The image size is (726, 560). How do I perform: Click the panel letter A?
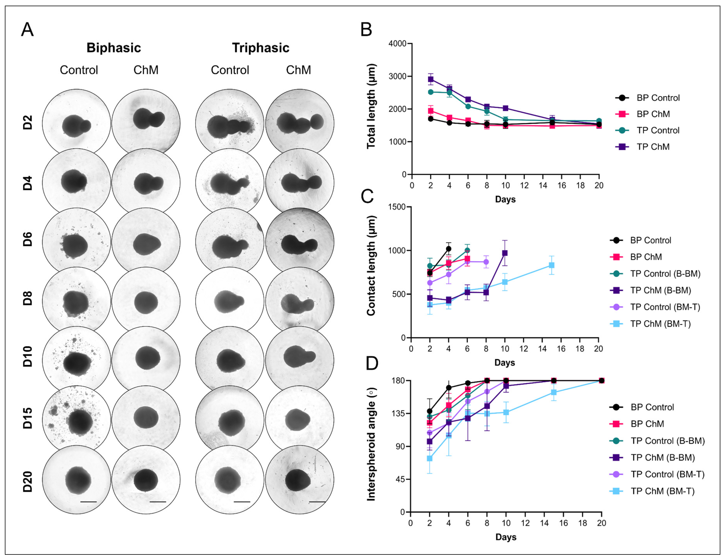click(x=27, y=30)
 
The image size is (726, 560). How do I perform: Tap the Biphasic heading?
click(x=114, y=48)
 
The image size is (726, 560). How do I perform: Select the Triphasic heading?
click(x=261, y=48)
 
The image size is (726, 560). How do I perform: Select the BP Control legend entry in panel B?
click(x=658, y=98)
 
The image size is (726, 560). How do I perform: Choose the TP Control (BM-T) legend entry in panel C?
click(x=665, y=307)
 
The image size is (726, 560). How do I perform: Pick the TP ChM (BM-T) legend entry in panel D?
click(x=662, y=491)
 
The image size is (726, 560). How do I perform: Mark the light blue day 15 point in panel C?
click(x=551, y=265)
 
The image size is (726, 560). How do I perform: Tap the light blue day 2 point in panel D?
click(x=429, y=458)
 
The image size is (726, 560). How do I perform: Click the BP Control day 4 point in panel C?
click(x=449, y=249)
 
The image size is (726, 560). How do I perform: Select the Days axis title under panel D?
click(x=506, y=537)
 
